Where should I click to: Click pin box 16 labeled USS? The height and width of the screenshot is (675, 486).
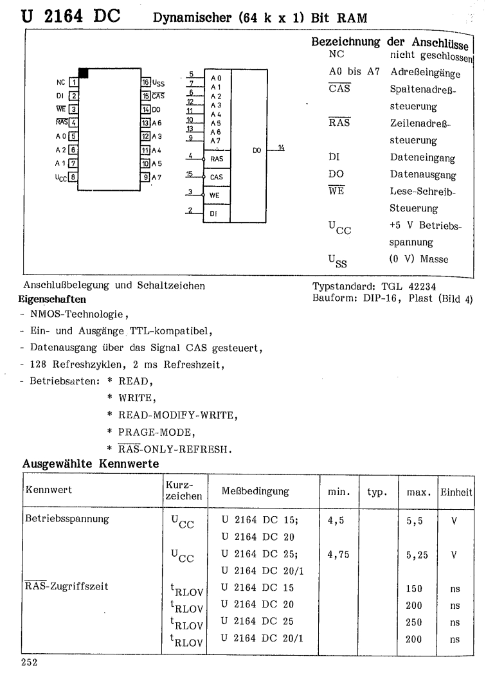(146, 82)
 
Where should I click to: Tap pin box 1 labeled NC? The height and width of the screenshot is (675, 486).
(75, 82)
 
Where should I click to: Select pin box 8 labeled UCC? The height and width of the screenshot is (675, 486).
(75, 177)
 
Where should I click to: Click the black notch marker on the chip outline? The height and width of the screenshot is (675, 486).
(83, 73)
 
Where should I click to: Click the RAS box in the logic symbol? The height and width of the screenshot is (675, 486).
(217, 157)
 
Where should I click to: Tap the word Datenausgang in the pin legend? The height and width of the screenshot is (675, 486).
(420, 175)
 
